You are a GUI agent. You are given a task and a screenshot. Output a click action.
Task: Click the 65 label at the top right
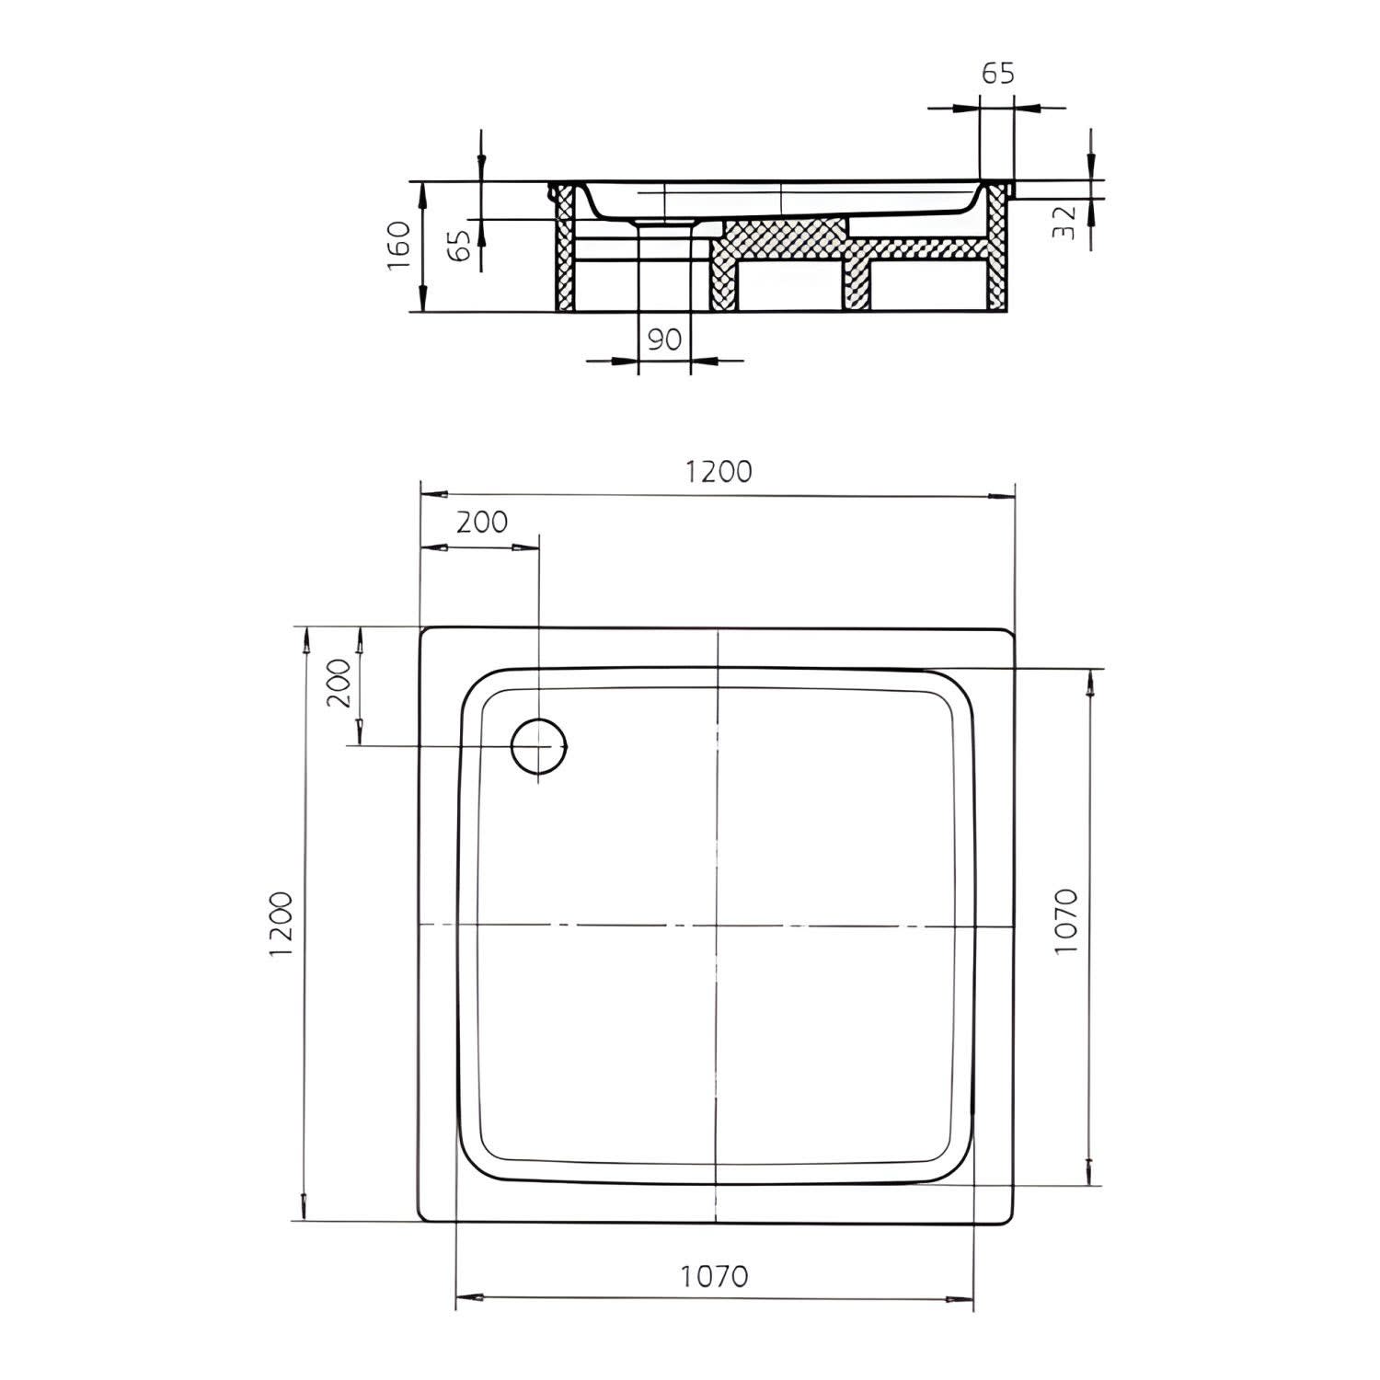click(997, 74)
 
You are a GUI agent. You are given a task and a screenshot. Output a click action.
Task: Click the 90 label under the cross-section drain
click(664, 339)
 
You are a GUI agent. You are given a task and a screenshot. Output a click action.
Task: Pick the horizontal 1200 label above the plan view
click(718, 471)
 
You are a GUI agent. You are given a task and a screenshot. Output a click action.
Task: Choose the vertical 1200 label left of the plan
click(282, 924)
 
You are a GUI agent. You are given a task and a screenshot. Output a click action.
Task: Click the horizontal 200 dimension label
click(482, 522)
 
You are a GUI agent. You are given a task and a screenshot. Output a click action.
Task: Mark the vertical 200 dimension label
click(339, 683)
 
